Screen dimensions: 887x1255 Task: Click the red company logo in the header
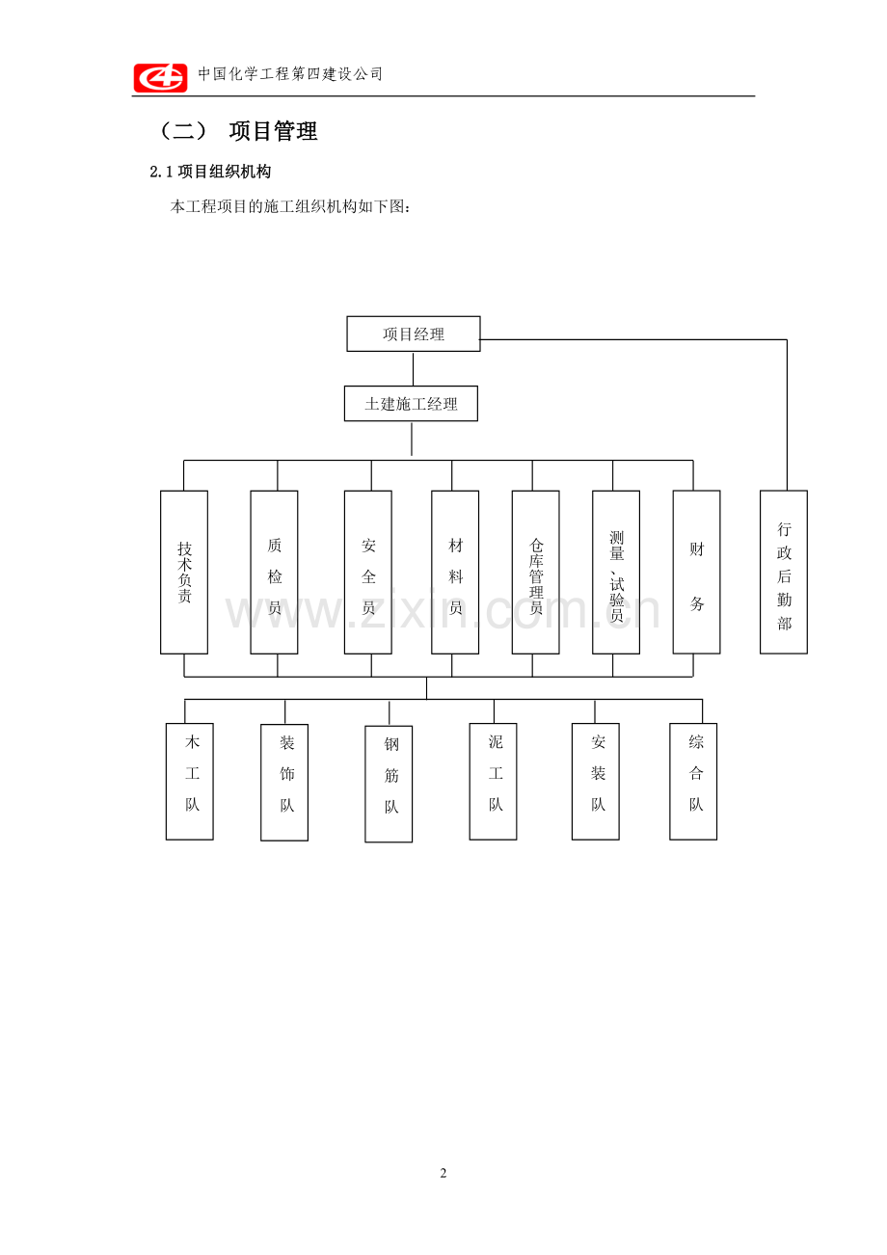160,77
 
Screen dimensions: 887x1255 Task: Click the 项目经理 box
413,334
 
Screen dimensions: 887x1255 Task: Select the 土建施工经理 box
411,403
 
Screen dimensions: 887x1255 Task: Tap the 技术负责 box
184,572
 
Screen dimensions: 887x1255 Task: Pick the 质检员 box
274,572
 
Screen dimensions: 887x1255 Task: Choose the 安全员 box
368,572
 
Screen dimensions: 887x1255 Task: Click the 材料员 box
455,572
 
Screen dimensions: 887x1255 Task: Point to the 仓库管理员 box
536,572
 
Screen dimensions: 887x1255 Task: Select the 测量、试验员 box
616,572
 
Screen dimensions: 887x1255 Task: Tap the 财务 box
696,572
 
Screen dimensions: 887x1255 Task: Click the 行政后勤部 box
783,572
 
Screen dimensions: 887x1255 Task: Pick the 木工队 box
189,782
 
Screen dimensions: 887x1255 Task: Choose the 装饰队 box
284,782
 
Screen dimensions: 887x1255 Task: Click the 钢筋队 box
389,784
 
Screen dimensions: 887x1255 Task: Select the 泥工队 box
493,782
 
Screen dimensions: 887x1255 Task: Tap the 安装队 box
595,782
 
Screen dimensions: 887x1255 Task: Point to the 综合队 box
693,782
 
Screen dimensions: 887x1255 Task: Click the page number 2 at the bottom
443,1173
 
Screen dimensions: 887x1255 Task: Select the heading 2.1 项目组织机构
210,172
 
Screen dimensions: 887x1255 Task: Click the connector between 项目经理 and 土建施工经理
413,368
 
